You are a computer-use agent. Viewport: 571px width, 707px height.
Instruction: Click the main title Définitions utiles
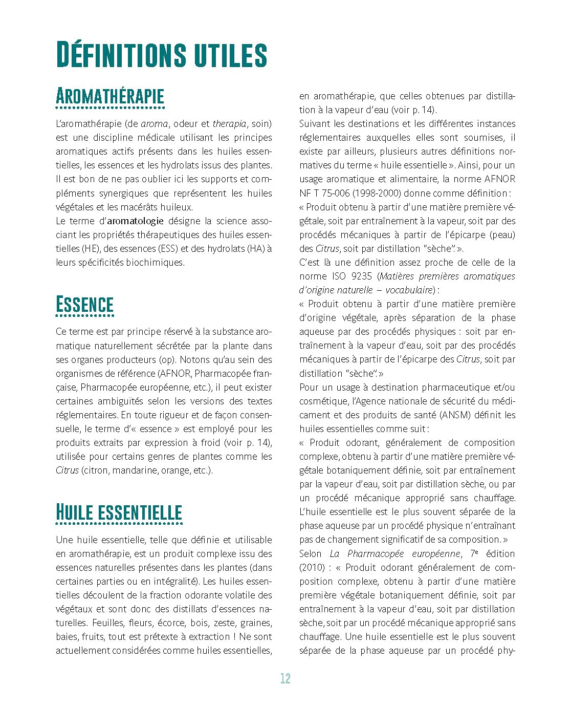(161, 55)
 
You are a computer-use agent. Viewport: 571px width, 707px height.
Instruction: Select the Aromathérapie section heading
(110, 96)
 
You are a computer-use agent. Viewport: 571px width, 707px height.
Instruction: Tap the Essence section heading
(84, 305)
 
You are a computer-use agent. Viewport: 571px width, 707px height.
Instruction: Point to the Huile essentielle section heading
(119, 512)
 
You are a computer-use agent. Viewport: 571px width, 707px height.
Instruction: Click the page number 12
(285, 679)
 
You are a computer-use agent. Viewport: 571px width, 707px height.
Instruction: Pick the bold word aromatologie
(136, 221)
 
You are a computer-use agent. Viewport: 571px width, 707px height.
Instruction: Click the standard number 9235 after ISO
(358, 276)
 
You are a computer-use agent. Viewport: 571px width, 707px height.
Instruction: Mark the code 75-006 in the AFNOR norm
(335, 194)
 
